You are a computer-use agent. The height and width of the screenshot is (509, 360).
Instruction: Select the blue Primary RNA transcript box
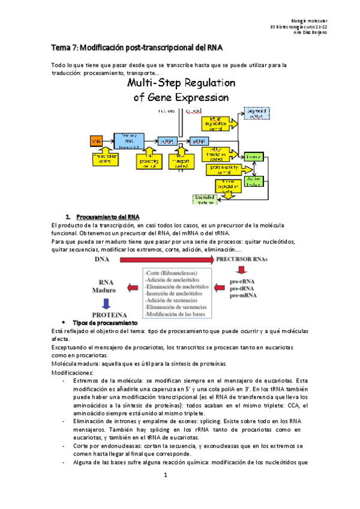pyautogui.click(x=129, y=140)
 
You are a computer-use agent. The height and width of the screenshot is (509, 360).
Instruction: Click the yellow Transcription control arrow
pyautogui.click(x=104, y=158)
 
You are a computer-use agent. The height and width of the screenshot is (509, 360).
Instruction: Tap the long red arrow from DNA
pyautogui.click(x=166, y=243)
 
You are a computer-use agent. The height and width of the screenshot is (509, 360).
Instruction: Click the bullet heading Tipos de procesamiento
pyautogui.click(x=97, y=324)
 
